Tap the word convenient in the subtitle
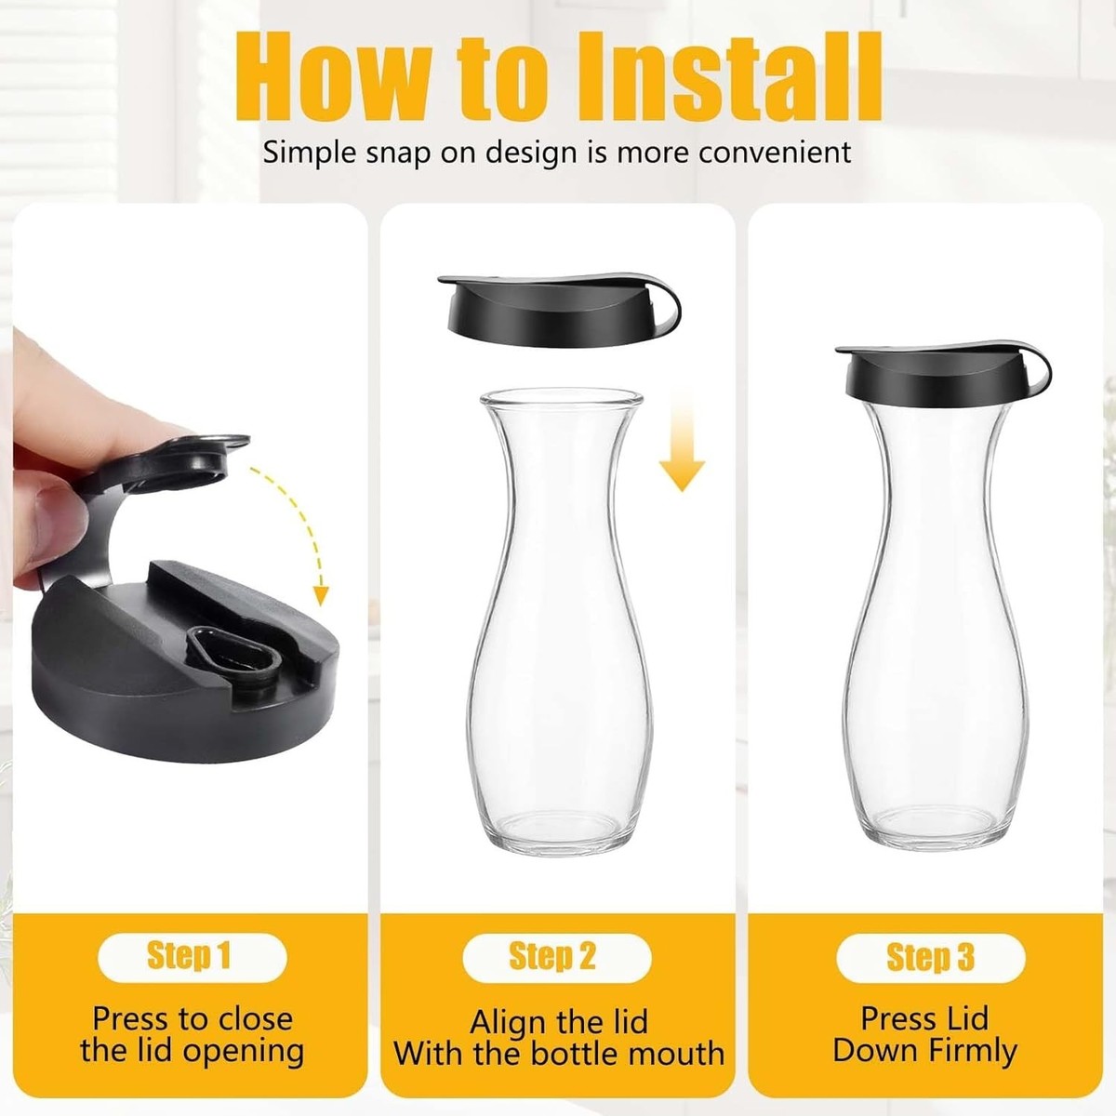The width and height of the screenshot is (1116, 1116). tap(774, 153)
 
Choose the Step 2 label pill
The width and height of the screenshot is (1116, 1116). tap(557, 956)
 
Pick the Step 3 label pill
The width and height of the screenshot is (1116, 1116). tap(931, 956)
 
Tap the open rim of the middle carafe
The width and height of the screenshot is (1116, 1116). tap(561, 399)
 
